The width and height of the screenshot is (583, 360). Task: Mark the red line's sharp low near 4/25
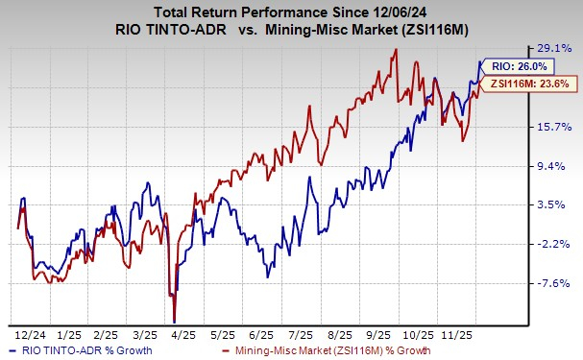pos(174,322)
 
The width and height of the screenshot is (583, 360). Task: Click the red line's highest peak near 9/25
pos(396,50)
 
